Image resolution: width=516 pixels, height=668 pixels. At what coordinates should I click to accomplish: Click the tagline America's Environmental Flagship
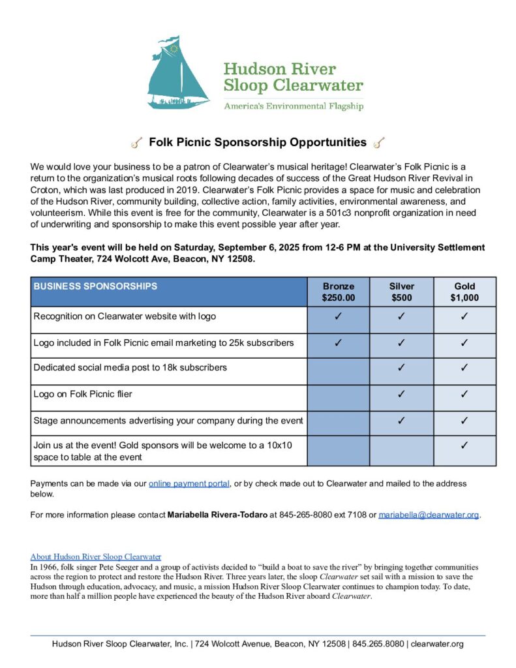point(293,106)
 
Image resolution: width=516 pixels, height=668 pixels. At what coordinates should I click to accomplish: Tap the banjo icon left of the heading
point(136,142)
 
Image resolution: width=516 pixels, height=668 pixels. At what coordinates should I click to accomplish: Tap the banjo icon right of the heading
point(379,142)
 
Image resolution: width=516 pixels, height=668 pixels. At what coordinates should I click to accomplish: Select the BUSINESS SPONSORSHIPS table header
point(95,286)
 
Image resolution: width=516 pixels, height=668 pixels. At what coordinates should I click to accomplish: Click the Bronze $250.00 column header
point(338,292)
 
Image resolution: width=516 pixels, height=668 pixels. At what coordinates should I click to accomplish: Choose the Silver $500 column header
point(401,292)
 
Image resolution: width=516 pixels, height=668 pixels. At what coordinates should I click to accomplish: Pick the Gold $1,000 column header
point(464,292)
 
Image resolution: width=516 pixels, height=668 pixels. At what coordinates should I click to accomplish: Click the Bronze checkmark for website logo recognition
point(338,316)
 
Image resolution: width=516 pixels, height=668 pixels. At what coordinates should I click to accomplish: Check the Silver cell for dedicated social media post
point(401,368)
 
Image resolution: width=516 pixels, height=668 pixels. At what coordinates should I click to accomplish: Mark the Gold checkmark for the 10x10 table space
point(464,446)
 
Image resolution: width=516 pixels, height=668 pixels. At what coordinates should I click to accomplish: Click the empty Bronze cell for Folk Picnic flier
point(338,394)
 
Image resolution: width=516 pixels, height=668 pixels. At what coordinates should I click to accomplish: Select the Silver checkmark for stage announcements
point(401,421)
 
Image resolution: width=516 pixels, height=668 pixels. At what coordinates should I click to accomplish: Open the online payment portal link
point(189,483)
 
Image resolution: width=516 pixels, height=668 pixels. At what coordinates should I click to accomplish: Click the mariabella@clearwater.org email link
point(429,515)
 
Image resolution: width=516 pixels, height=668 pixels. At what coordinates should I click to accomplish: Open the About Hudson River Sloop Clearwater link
point(96,556)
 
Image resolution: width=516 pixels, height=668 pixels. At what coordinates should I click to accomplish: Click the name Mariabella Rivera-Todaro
point(217,515)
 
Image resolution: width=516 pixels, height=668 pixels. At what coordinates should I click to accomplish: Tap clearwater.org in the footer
point(437,644)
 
